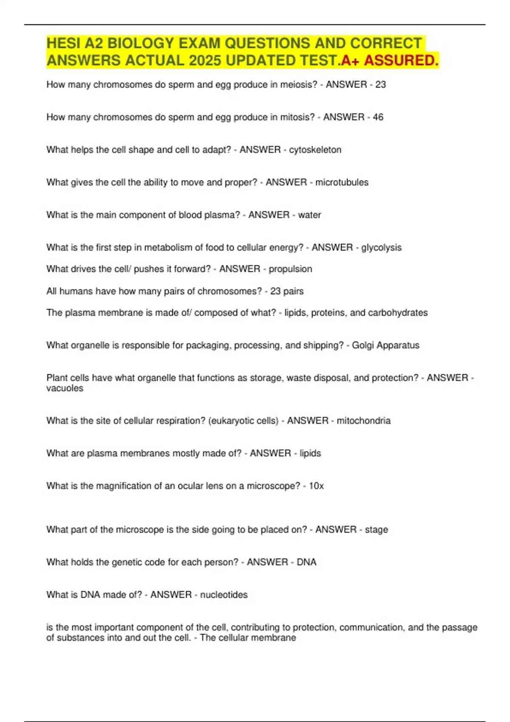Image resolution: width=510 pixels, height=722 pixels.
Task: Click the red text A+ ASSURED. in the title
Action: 390,61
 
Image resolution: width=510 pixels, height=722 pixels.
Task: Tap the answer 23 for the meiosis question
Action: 380,85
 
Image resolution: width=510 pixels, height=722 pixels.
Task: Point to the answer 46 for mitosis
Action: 378,117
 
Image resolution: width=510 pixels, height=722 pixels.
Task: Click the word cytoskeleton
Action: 315,150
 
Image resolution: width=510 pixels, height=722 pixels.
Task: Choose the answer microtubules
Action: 342,182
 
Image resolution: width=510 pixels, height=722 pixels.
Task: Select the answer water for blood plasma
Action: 309,215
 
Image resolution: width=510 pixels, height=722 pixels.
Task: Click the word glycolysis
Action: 381,248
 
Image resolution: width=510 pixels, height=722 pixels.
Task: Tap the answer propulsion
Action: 290,269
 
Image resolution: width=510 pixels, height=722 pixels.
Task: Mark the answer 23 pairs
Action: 287,291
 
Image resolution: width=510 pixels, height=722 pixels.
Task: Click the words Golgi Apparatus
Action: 385,345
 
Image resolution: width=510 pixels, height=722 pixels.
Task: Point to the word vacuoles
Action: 65,388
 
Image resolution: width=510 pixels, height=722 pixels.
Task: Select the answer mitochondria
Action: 363,421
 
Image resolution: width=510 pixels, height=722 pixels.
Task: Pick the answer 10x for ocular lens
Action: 316,486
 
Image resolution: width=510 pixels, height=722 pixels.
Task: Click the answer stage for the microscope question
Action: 376,530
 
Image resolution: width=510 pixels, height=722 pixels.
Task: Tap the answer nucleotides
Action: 224,595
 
